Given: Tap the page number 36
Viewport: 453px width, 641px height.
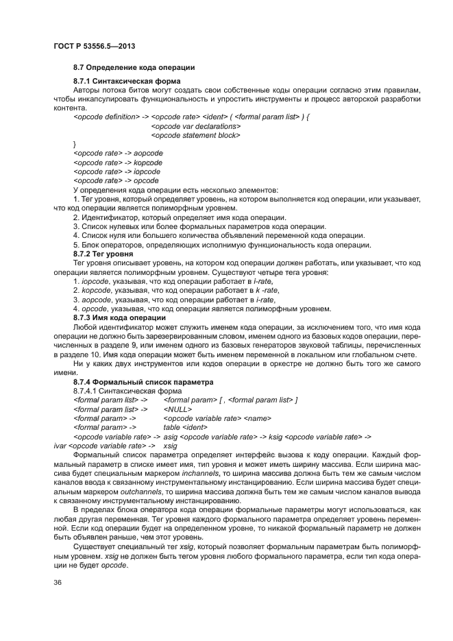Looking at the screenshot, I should (x=57, y=582).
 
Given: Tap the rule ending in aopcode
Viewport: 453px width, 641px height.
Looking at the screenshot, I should (x=117, y=154).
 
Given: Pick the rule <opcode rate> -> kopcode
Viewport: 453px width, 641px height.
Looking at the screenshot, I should (x=117, y=162).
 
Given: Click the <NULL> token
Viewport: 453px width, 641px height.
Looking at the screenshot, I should (x=177, y=409).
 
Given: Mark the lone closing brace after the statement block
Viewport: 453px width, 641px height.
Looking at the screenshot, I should (x=75, y=145).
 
